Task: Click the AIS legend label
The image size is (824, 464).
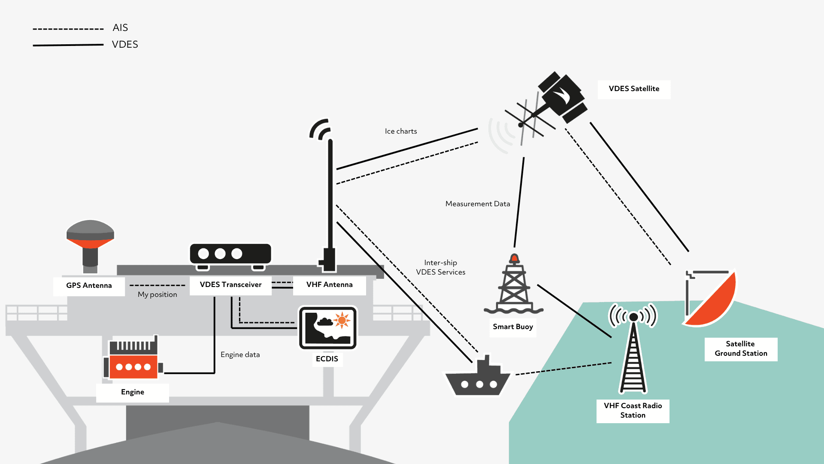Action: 120,28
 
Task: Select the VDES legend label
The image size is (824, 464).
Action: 125,45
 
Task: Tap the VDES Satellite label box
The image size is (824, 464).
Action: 634,89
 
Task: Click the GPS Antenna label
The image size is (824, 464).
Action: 89,286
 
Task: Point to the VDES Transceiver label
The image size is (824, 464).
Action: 230,285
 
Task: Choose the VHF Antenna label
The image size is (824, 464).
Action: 329,285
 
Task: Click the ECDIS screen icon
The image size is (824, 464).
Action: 328,327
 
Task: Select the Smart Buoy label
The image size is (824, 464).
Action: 513,327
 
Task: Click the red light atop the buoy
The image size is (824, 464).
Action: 514,258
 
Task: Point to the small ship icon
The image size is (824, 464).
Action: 478,378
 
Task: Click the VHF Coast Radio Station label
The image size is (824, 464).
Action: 633,411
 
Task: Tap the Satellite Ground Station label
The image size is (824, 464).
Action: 741,349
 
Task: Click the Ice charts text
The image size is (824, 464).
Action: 401,131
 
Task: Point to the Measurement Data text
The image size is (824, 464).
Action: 478,204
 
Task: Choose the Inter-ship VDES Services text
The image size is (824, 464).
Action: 441,268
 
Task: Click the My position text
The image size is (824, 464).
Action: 158,295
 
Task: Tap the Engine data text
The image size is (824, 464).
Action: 240,355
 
